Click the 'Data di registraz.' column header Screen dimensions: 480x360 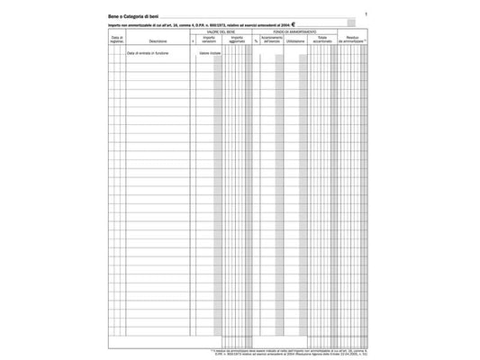116,40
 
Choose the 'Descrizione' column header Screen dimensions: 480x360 158,40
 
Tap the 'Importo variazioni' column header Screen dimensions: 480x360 209,40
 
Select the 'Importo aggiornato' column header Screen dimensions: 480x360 237,40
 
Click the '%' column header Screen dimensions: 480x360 256,41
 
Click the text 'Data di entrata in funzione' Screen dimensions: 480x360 147,53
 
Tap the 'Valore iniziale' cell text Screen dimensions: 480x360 208,53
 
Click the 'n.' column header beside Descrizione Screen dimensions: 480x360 193,41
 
